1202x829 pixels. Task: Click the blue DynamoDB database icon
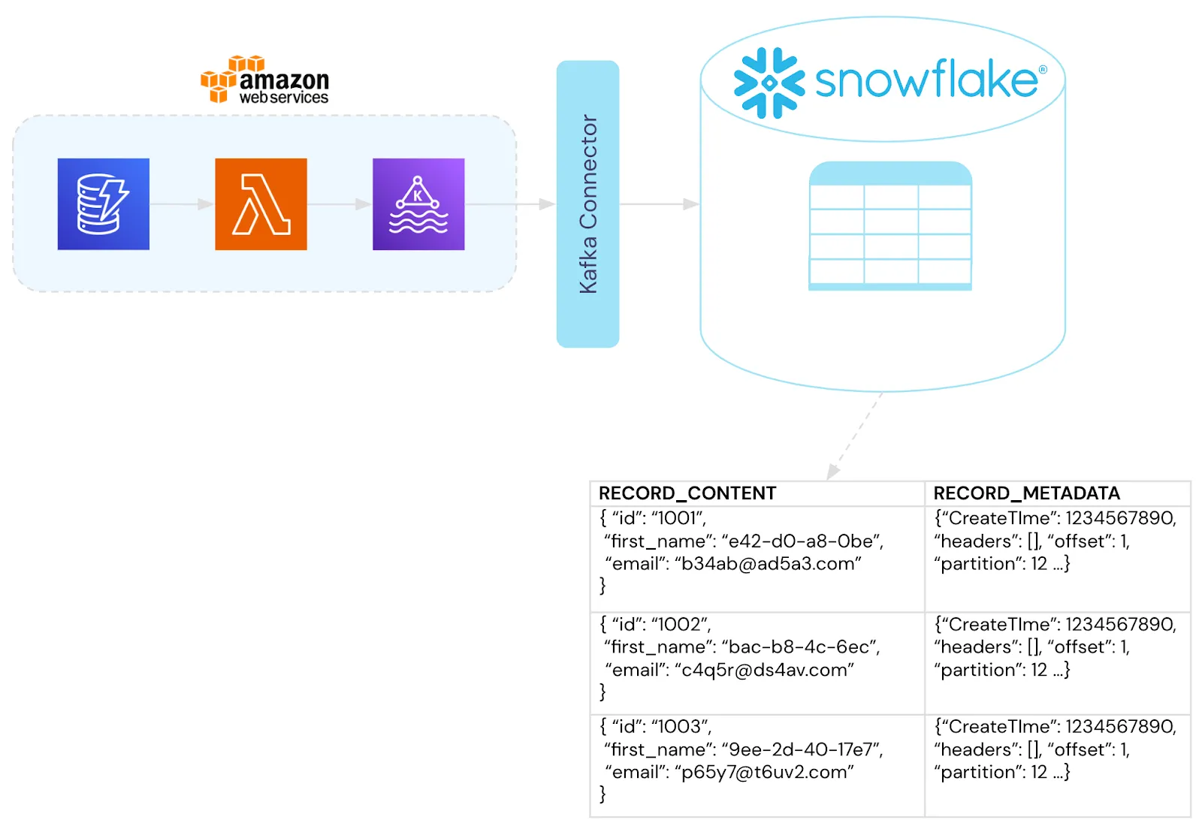(x=104, y=204)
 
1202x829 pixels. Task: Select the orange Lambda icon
(x=261, y=204)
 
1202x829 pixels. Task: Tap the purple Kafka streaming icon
(x=418, y=204)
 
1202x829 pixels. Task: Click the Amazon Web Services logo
(x=265, y=80)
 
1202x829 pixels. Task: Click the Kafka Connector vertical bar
(x=587, y=204)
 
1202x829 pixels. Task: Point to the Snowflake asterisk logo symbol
(x=769, y=83)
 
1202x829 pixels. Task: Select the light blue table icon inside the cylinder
(x=890, y=226)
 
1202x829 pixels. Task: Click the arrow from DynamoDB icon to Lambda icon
(x=182, y=204)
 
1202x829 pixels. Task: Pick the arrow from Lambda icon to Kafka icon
(x=340, y=204)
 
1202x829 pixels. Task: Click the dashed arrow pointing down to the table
(x=854, y=436)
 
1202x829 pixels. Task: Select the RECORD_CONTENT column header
(x=687, y=493)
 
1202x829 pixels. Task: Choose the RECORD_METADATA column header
(x=1026, y=493)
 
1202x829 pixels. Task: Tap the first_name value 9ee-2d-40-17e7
(x=802, y=749)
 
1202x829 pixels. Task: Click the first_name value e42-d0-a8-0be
(x=802, y=541)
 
